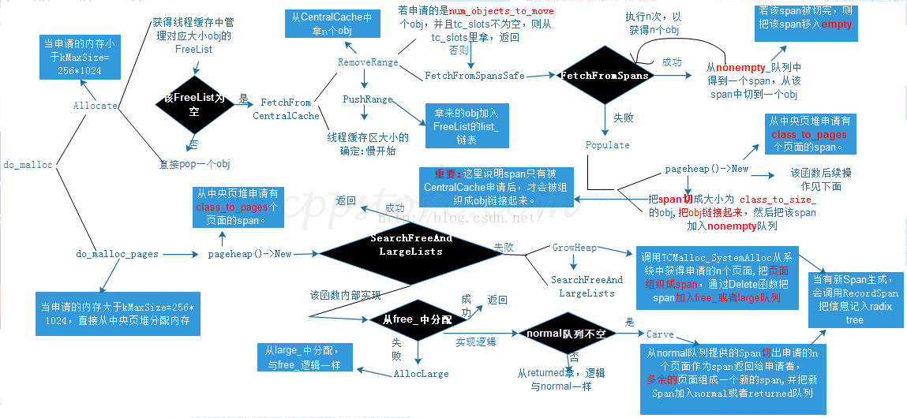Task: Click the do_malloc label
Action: coord(28,165)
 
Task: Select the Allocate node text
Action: coord(96,105)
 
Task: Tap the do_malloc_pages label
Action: coord(118,254)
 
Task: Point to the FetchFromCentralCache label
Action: coord(286,109)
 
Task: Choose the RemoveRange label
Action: coord(368,62)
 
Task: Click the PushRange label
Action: coord(367,99)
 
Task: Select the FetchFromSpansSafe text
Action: coord(474,76)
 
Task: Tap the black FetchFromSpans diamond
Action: coord(605,76)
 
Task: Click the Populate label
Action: coord(607,145)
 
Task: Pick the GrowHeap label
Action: coord(574,248)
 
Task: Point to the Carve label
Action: coord(660,334)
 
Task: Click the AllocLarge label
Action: coord(421,374)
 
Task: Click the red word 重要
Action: coord(446,173)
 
